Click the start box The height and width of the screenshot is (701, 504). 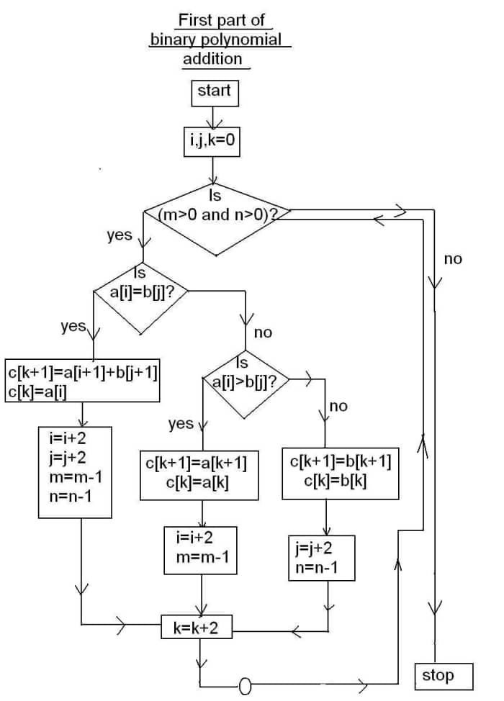tap(214, 91)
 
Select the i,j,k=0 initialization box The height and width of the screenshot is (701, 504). tap(212, 140)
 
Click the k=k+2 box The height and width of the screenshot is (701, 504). tap(196, 628)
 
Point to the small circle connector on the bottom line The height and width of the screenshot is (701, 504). tap(244, 684)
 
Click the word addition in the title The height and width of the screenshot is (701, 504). tap(212, 59)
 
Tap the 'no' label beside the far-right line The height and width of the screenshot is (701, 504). tap(453, 259)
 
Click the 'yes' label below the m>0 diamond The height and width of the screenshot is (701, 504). tap(119, 235)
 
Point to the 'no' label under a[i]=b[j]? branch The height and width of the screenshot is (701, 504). tap(264, 333)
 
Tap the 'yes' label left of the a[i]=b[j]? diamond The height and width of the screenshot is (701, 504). tap(73, 326)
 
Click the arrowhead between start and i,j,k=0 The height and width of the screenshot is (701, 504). tap(214, 120)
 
